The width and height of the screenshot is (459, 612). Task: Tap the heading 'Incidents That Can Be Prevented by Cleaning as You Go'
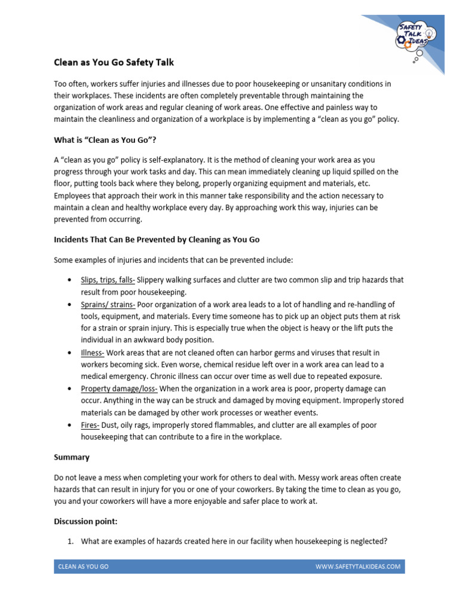(x=157, y=239)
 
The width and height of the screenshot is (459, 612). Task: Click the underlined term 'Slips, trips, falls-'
(x=108, y=280)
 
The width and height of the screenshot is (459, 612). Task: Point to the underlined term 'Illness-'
(x=93, y=353)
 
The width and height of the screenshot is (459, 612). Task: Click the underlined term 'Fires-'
(x=90, y=424)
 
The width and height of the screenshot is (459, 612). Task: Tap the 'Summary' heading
(x=72, y=457)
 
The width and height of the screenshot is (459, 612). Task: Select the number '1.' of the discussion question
(x=70, y=541)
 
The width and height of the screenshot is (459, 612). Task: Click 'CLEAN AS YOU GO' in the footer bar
(x=83, y=566)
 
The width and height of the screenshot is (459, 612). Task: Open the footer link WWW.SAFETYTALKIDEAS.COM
(x=358, y=566)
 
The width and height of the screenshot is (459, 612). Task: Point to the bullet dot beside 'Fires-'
(x=71, y=425)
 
